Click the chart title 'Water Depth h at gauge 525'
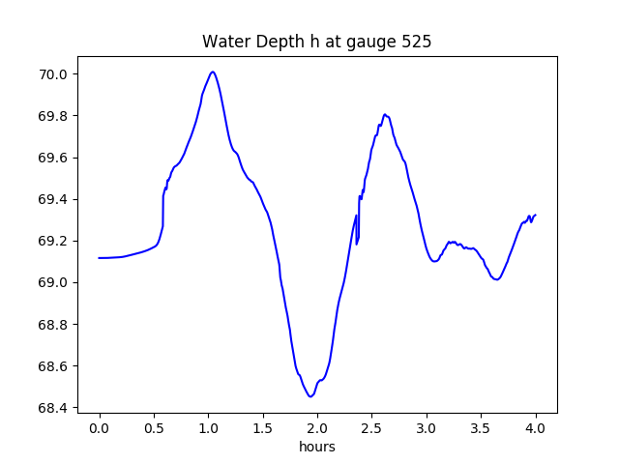317,42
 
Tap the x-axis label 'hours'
317,448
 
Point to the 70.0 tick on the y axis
52,74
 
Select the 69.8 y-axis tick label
52,116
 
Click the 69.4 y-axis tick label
52,199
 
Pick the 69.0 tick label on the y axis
52,282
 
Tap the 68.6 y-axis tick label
52,366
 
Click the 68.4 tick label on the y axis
52,408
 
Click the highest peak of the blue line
212,72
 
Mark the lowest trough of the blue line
310,396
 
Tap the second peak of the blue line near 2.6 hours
385,114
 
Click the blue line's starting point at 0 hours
100,258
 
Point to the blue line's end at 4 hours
536,215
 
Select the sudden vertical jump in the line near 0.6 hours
163,211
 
